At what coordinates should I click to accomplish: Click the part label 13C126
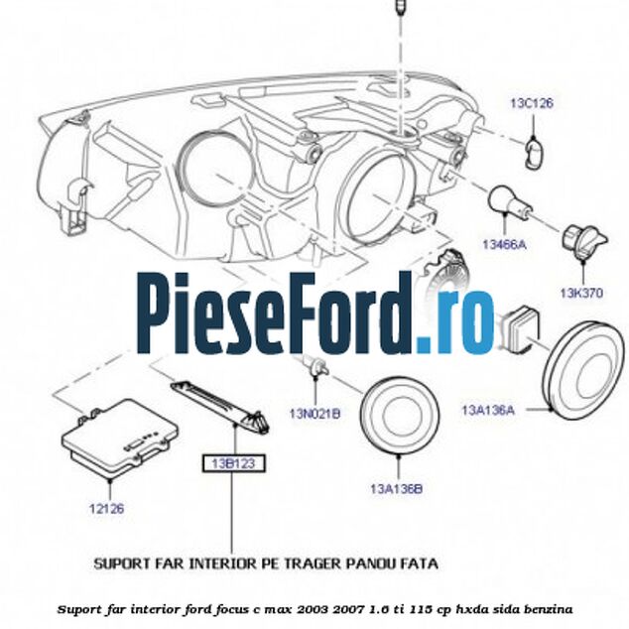pyautogui.click(x=531, y=101)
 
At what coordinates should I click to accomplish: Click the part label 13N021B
pyautogui.click(x=315, y=414)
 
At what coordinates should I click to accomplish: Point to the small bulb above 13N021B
pyautogui.click(x=315, y=370)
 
